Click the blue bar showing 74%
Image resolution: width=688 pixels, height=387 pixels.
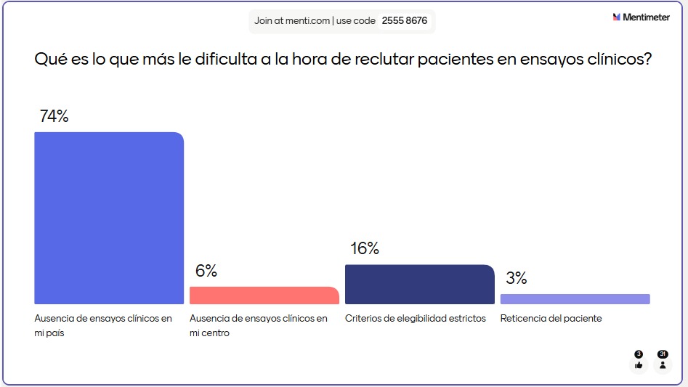point(109,218)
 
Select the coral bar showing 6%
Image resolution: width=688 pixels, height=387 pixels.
point(264,296)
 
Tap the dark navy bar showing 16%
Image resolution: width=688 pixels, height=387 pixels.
point(419,284)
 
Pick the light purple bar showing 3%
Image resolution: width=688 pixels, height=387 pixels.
point(575,299)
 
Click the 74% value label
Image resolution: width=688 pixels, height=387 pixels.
point(54,116)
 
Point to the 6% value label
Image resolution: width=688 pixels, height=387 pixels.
point(206,271)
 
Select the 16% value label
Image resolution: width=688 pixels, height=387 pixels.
point(365,248)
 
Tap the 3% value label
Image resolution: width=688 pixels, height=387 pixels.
point(516,278)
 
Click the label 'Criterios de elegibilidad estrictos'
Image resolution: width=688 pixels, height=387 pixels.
point(415,319)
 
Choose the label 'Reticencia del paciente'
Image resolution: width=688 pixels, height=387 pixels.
point(551,319)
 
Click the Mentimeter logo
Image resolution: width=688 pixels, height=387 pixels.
point(641,17)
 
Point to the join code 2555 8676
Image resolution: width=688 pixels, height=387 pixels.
point(404,21)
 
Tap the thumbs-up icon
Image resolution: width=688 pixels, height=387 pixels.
point(639,364)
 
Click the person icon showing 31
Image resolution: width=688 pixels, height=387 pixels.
point(662,364)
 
